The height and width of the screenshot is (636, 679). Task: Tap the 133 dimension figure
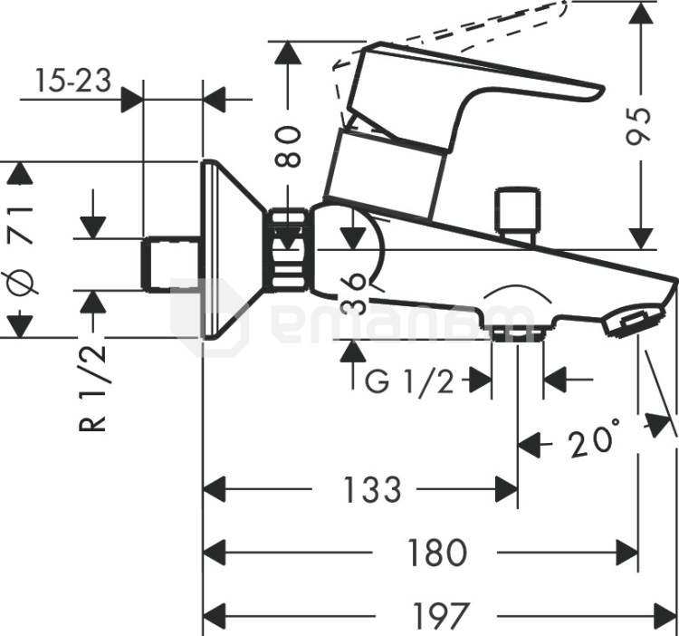371,490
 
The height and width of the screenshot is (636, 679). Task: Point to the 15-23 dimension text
73,82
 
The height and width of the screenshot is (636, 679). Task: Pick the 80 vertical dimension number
288,145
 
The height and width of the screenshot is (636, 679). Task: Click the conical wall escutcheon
226,253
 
